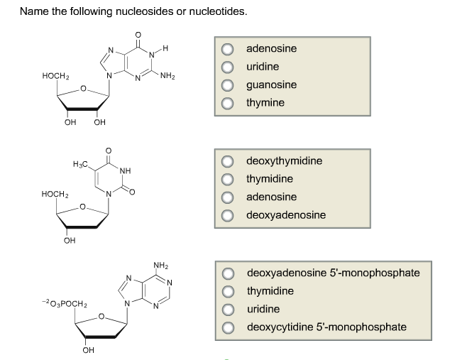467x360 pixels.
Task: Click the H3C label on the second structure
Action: (81, 165)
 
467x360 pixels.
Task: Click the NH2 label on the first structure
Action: (168, 76)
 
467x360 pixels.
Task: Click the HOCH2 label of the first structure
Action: (55, 77)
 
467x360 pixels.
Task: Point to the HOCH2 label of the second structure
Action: (55, 194)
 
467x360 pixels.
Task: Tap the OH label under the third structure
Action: (88, 350)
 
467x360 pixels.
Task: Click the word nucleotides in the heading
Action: (217, 12)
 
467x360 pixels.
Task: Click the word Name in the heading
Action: (33, 12)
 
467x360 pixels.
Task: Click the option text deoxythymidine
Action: (284, 161)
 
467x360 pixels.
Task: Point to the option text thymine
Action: (265, 104)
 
